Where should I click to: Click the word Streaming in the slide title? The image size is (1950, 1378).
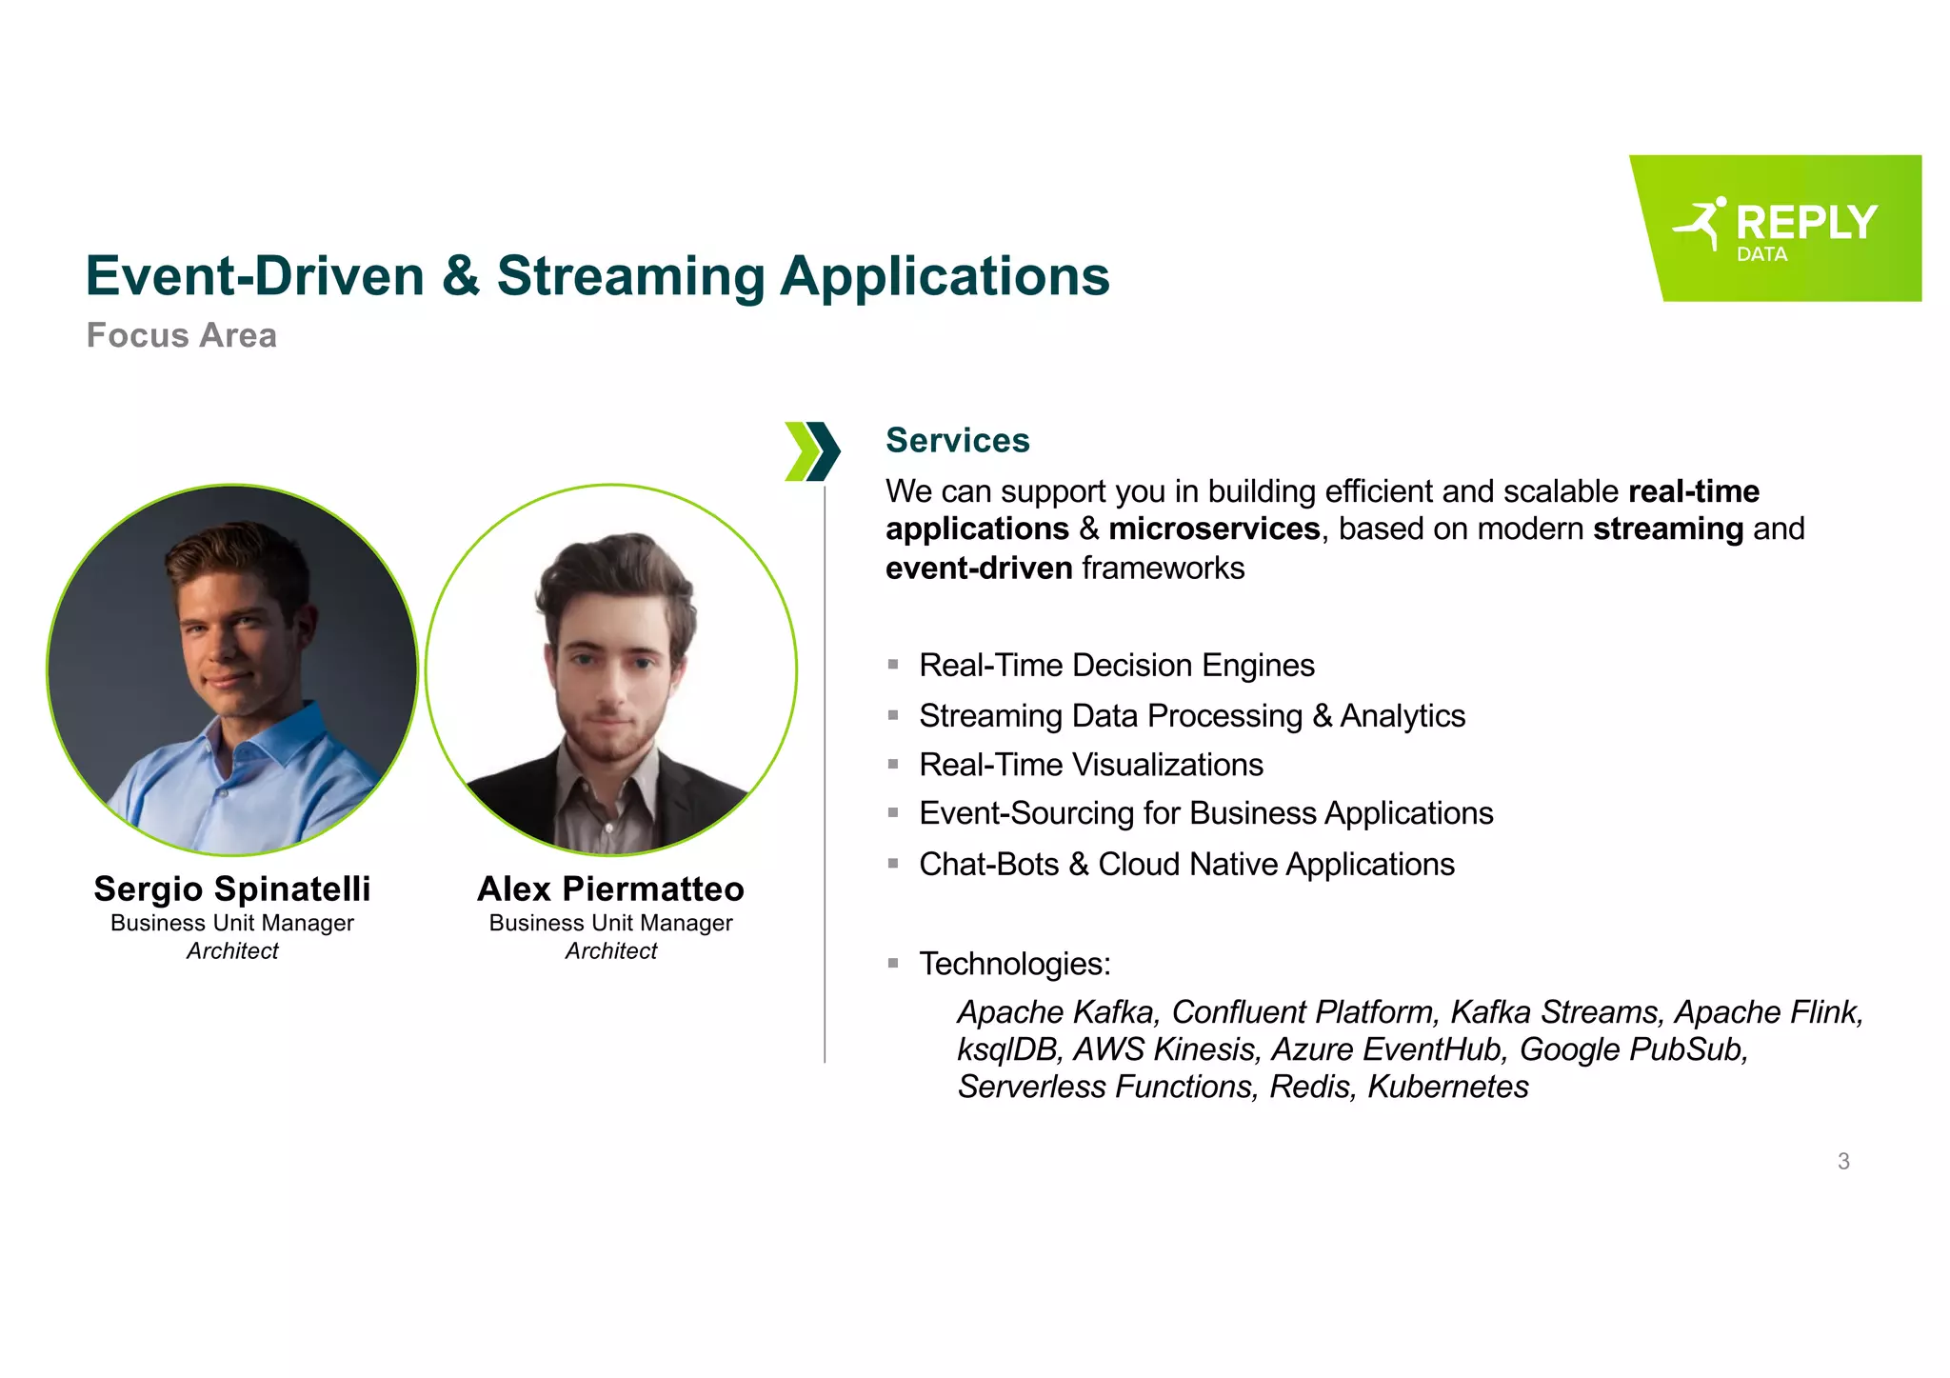click(630, 277)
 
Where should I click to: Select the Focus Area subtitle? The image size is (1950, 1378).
click(181, 335)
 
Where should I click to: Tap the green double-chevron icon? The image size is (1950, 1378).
click(811, 450)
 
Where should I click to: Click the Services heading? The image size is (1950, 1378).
click(957, 440)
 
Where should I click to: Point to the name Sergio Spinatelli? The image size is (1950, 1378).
click(232, 889)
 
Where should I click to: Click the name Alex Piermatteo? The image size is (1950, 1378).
click(610, 889)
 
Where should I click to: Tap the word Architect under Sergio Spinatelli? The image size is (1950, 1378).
click(232, 950)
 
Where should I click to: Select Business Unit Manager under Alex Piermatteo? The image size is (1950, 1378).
click(610, 923)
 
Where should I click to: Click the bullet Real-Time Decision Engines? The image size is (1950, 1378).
click(1116, 665)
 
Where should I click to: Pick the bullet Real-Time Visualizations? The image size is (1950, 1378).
click(1090, 765)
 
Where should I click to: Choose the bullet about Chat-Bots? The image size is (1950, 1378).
click(1185, 864)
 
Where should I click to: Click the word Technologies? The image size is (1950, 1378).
click(1013, 964)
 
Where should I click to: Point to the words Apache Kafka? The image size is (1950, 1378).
click(1057, 1011)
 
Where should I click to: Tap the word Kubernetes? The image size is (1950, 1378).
click(1447, 1087)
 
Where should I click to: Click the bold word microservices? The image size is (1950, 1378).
click(1214, 529)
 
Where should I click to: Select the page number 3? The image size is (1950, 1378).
click(1843, 1161)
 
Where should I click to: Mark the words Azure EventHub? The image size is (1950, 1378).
click(1387, 1049)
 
